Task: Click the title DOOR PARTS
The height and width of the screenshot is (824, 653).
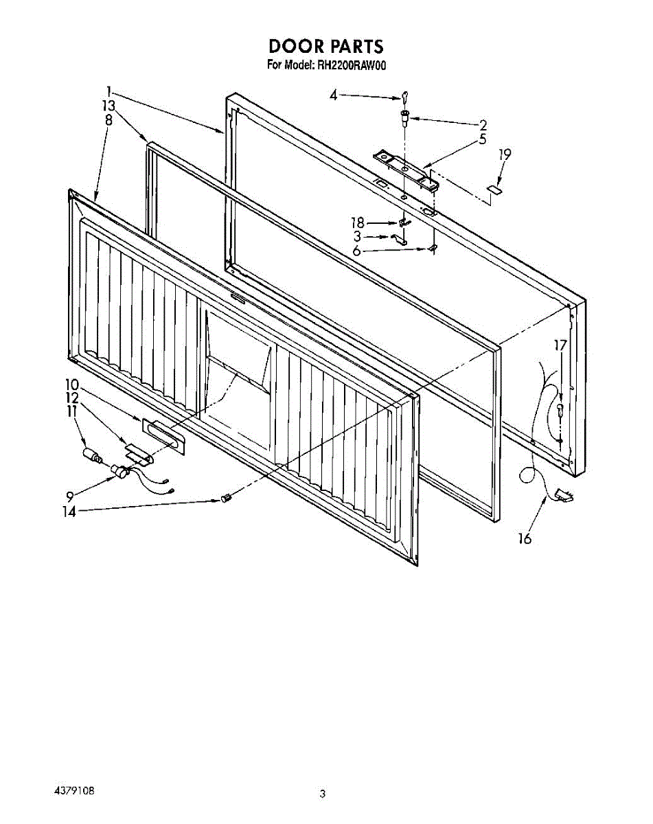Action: [325, 46]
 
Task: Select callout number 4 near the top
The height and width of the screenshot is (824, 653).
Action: [334, 95]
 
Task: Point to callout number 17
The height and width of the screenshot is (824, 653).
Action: [561, 345]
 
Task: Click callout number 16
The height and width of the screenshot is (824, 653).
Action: [524, 539]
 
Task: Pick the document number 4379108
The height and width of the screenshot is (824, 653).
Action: [74, 790]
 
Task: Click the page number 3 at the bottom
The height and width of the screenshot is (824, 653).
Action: [322, 794]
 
